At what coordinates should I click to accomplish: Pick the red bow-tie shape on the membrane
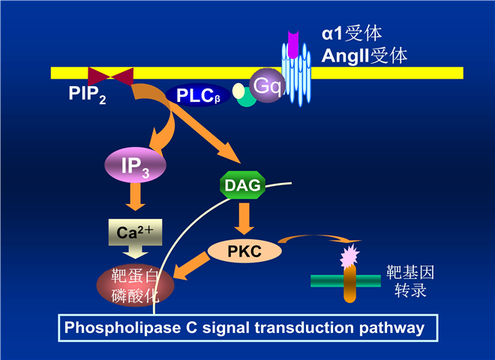[x=111, y=75]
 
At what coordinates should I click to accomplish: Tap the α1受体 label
[x=352, y=33]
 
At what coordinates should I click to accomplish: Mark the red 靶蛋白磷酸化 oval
[x=135, y=283]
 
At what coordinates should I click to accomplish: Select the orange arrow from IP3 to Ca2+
[x=135, y=198]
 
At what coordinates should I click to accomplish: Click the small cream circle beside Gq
[x=238, y=91]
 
